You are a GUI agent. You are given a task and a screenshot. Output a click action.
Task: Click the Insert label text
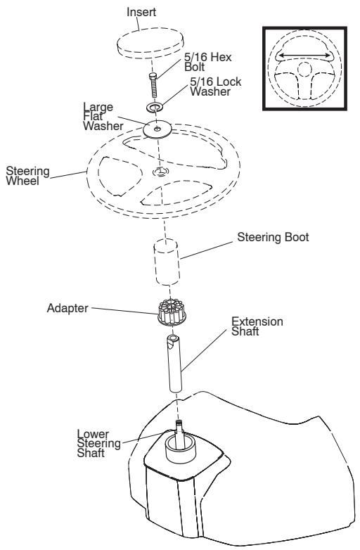141,12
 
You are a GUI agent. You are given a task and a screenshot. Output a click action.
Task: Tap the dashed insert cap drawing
150,45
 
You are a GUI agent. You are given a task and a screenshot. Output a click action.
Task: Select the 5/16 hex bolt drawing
153,86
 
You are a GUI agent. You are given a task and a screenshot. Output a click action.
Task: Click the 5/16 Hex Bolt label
208,62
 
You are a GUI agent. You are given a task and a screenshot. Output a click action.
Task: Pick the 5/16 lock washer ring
153,107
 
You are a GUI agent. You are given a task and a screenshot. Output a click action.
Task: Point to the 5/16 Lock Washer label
216,87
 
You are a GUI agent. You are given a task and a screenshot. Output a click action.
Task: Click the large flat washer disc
157,129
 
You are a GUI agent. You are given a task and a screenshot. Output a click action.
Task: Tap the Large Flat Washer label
103,117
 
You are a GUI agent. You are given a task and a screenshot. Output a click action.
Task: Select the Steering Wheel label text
27,176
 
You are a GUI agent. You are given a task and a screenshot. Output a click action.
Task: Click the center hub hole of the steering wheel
160,172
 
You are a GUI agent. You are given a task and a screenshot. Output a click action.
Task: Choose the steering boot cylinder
167,262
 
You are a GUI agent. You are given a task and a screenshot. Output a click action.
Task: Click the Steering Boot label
273,237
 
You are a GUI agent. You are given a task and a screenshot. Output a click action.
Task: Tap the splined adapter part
172,312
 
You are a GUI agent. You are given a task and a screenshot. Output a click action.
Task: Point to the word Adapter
67,308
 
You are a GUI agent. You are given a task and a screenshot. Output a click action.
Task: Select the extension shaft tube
174,363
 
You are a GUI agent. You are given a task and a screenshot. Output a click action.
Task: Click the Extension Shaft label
257,326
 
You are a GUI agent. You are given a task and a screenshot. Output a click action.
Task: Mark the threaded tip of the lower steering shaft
180,425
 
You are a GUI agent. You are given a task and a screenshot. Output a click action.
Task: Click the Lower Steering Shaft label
99,443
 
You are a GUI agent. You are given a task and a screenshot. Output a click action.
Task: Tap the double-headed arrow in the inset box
304,55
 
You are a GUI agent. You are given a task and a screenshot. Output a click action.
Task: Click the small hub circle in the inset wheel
304,68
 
